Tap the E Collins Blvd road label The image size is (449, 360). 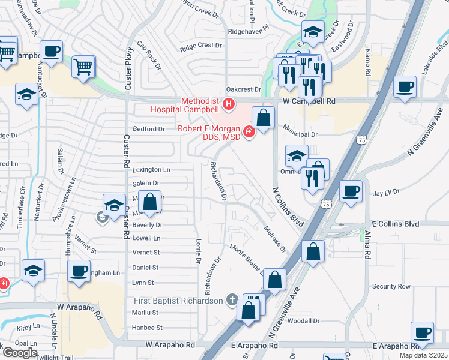point(394,223)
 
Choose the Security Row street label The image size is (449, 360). point(391,287)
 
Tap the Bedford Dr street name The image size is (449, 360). point(148,129)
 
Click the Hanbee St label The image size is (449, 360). point(147,328)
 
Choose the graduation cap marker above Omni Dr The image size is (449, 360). point(296,157)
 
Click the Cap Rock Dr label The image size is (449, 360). point(149,56)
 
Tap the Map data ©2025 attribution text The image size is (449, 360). point(423,355)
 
